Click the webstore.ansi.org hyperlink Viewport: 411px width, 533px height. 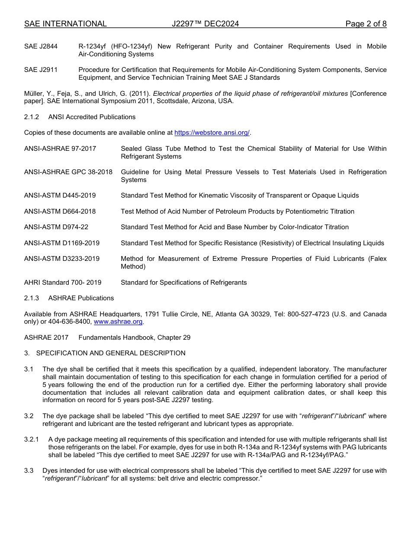tap(212, 133)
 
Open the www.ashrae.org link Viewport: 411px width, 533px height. tap(118, 322)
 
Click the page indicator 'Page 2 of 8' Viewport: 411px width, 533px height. tap(366, 24)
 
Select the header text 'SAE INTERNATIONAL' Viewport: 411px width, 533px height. tap(65, 24)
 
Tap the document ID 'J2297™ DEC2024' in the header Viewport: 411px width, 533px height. tap(205, 24)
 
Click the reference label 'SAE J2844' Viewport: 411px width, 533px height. tap(41, 46)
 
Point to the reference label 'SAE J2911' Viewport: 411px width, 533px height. tap(41, 70)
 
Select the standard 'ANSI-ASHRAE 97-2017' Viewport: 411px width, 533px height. tap(60, 149)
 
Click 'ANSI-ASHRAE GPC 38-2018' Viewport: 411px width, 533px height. tap(68, 172)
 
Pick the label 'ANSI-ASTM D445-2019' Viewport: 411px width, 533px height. tap(60, 195)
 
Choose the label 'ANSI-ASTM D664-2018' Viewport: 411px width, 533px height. tap(60, 211)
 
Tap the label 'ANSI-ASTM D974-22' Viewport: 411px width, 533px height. tap(56, 227)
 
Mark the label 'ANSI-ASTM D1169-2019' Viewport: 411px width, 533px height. tap(62, 243)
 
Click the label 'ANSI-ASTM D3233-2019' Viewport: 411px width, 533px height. tap(62, 259)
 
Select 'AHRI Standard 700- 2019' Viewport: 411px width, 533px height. tap(63, 283)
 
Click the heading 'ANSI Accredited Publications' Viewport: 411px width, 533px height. tap(92, 117)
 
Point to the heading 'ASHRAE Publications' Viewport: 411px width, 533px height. tap(81, 298)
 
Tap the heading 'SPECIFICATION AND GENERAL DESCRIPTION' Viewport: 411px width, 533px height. tap(111, 353)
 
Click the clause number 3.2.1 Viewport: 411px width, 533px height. tap(32, 439)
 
